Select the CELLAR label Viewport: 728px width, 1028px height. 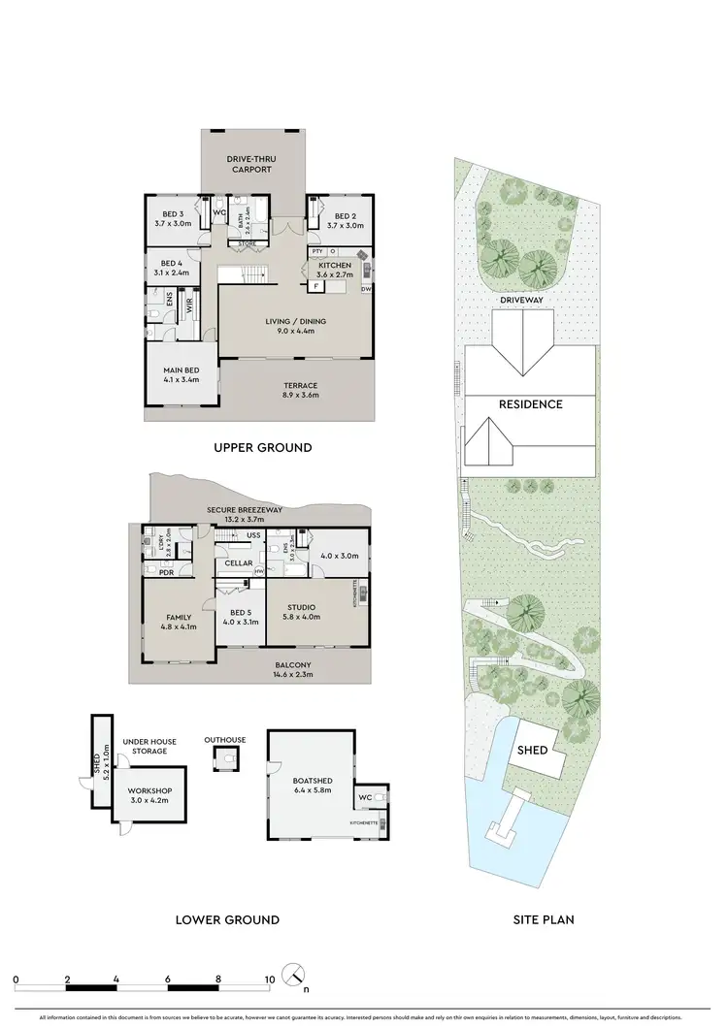click(239, 563)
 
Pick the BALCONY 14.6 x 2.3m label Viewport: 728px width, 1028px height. click(292, 669)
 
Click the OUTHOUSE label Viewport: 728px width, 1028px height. click(224, 740)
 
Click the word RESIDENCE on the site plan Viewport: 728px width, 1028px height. click(531, 404)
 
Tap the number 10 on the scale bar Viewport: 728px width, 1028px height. click(268, 980)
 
